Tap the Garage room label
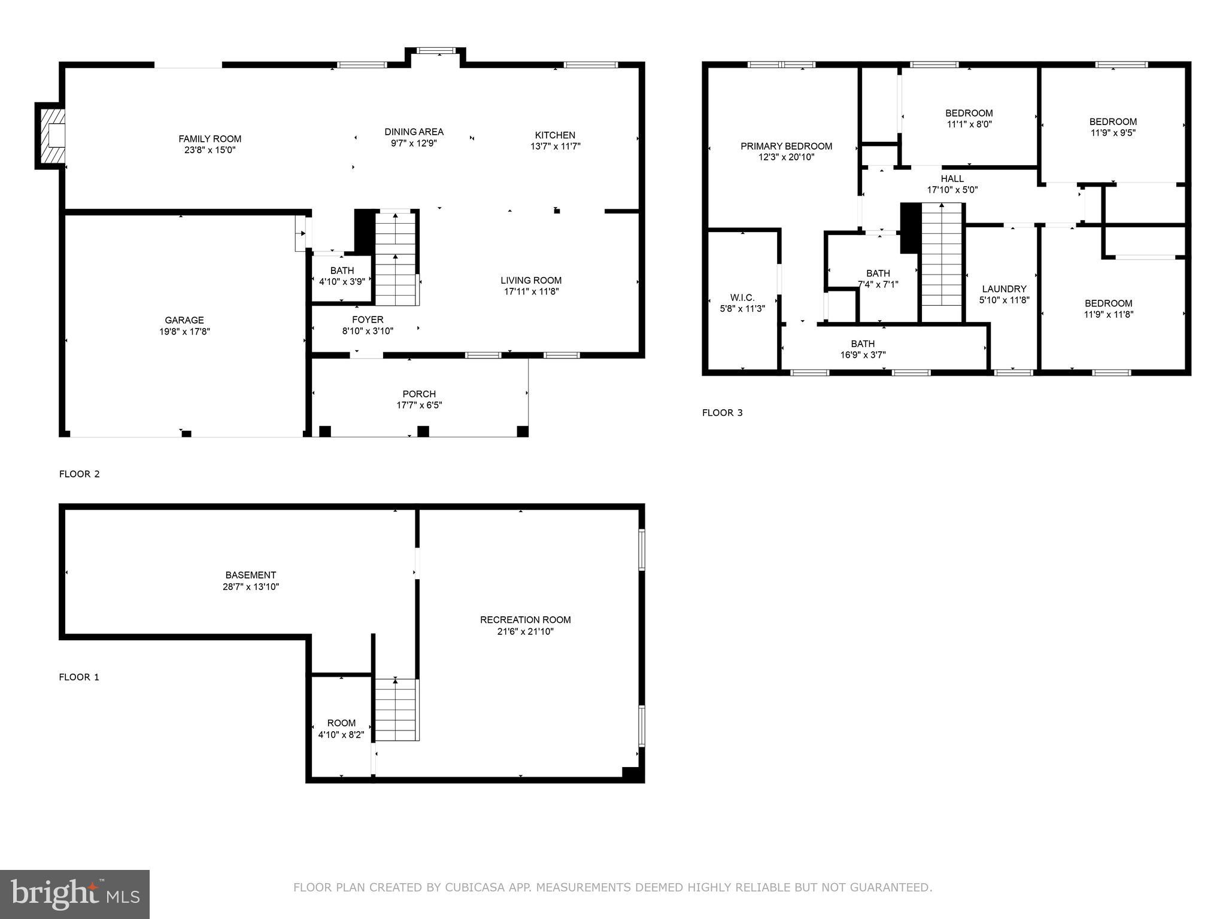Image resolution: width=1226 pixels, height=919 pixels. (x=184, y=320)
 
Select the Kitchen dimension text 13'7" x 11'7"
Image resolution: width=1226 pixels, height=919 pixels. (x=555, y=146)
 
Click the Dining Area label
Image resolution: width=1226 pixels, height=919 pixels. (x=414, y=132)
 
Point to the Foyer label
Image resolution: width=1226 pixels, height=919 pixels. (x=368, y=319)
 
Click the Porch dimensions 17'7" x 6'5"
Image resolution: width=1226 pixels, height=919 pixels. (x=419, y=405)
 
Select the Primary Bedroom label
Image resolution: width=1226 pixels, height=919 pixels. (x=786, y=146)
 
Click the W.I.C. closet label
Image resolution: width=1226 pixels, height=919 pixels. (x=742, y=297)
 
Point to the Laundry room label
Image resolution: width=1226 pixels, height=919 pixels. (x=1004, y=288)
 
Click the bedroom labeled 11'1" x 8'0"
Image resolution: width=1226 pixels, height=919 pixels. (x=969, y=118)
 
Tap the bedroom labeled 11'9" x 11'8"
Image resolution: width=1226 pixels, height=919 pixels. (x=1108, y=309)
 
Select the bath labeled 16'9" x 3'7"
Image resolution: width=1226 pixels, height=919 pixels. (x=863, y=349)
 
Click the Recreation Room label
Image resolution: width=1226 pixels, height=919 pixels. (x=525, y=620)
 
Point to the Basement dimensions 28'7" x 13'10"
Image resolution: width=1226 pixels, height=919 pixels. (x=250, y=587)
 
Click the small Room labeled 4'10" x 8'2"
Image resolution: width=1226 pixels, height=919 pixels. (x=341, y=728)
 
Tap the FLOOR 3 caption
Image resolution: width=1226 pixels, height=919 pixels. (x=722, y=413)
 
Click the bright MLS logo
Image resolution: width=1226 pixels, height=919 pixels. (x=75, y=894)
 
